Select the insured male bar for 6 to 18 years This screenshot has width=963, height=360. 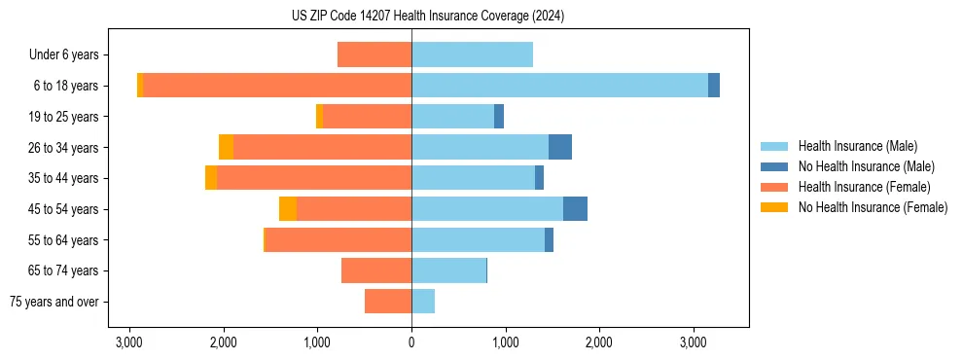pos(559,86)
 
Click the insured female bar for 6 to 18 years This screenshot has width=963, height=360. pos(277,86)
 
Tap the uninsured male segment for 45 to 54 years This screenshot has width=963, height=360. pos(575,209)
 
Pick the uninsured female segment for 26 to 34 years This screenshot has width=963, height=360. pos(226,147)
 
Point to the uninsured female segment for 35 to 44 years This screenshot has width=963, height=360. pos(211,178)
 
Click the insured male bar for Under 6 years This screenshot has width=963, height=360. pos(472,54)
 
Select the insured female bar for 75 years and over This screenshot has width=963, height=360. pos(388,302)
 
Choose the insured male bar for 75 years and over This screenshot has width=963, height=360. pos(423,302)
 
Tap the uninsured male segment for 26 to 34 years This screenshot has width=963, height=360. pos(560,147)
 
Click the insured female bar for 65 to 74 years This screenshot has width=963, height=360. pos(376,270)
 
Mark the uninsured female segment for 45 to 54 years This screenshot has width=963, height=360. pos(288,209)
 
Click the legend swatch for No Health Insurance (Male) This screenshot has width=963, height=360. pos(774,166)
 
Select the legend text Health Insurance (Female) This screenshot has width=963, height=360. pos(864,187)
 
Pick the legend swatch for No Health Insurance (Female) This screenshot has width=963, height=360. pos(774,207)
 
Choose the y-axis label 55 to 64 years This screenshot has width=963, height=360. pos(64,240)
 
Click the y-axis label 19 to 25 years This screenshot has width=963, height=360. pos(64,117)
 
